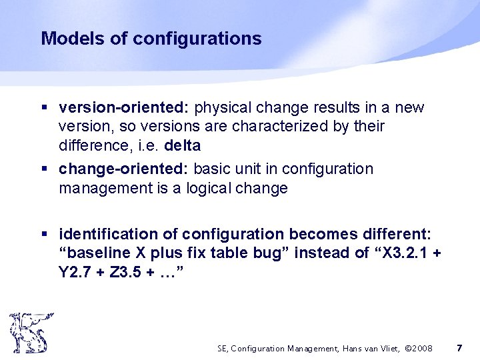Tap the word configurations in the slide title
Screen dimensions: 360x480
(197, 39)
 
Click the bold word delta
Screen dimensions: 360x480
(183, 145)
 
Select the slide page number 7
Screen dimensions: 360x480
(459, 348)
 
